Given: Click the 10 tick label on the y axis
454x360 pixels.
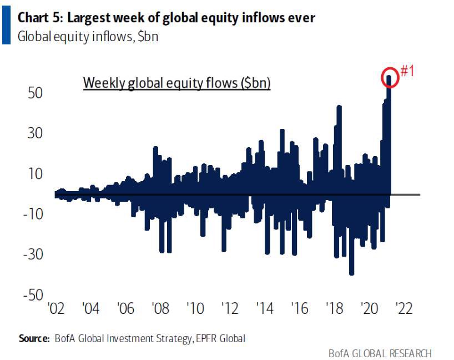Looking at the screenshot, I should (x=36, y=173).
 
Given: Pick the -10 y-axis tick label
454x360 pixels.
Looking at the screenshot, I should (x=33, y=214).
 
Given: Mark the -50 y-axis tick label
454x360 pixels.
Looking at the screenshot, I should (x=33, y=295).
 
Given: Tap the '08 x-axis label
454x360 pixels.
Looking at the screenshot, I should (x=160, y=308).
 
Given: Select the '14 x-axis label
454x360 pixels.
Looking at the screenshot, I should (x=263, y=308).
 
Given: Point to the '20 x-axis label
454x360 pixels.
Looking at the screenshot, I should (x=369, y=308).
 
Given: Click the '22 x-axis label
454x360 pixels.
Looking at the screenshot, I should (x=402, y=308).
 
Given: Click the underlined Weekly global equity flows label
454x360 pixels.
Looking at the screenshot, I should (x=176, y=83).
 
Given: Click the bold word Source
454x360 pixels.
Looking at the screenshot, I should (x=34, y=338).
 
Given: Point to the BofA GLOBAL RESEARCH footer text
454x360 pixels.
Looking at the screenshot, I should (x=380, y=353).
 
